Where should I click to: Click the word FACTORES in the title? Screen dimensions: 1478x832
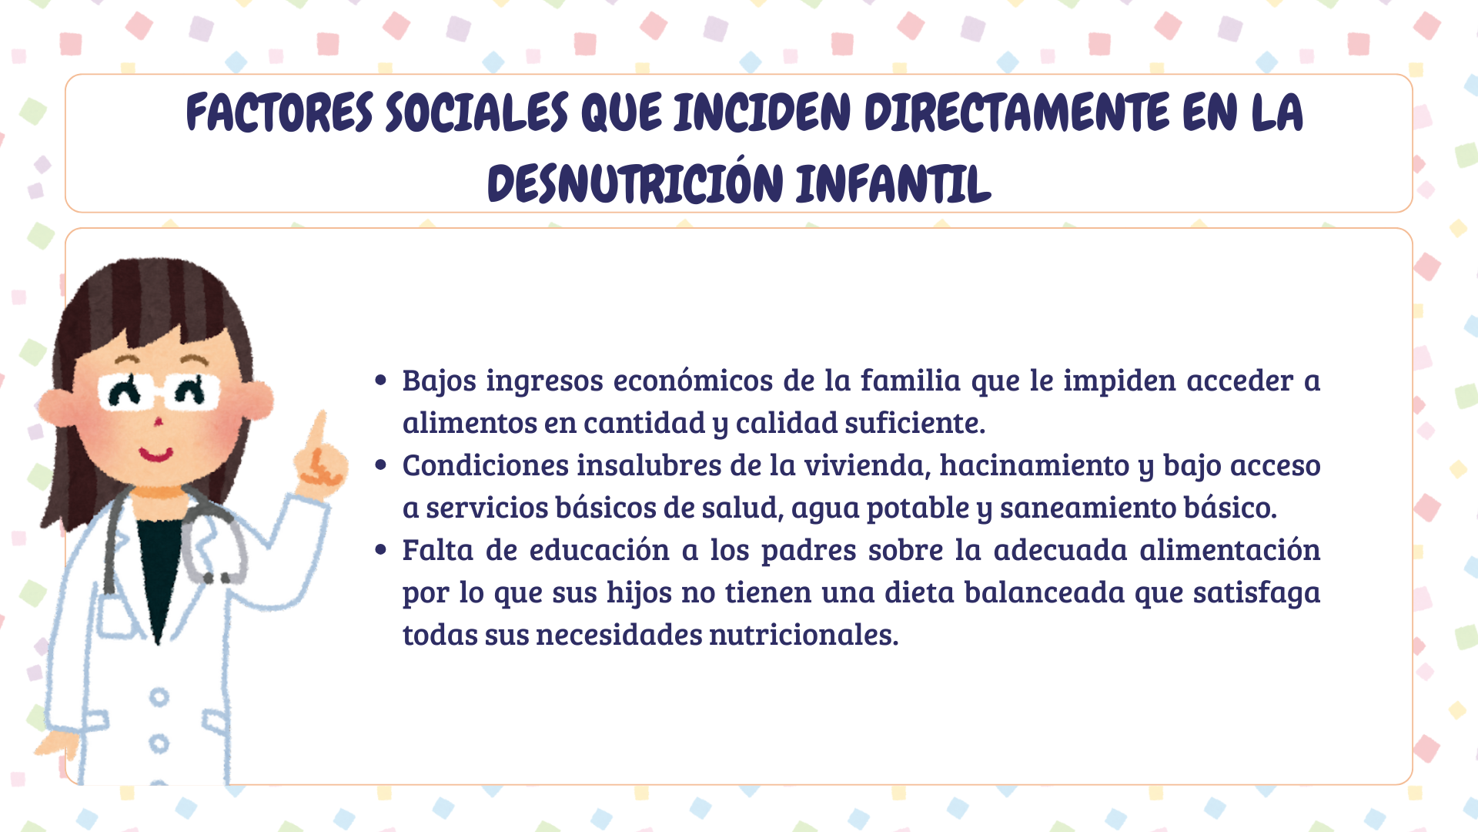279,112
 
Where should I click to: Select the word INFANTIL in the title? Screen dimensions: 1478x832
893,184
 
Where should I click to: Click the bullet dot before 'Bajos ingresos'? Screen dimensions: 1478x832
380,380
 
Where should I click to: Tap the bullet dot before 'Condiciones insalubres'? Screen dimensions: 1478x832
380,465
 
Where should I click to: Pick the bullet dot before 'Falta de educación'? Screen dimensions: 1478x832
380,549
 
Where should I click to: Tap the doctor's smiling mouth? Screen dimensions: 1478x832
156,454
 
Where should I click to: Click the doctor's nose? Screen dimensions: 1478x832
158,421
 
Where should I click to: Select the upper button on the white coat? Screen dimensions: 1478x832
159,697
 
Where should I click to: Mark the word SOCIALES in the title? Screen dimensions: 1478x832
477,112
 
